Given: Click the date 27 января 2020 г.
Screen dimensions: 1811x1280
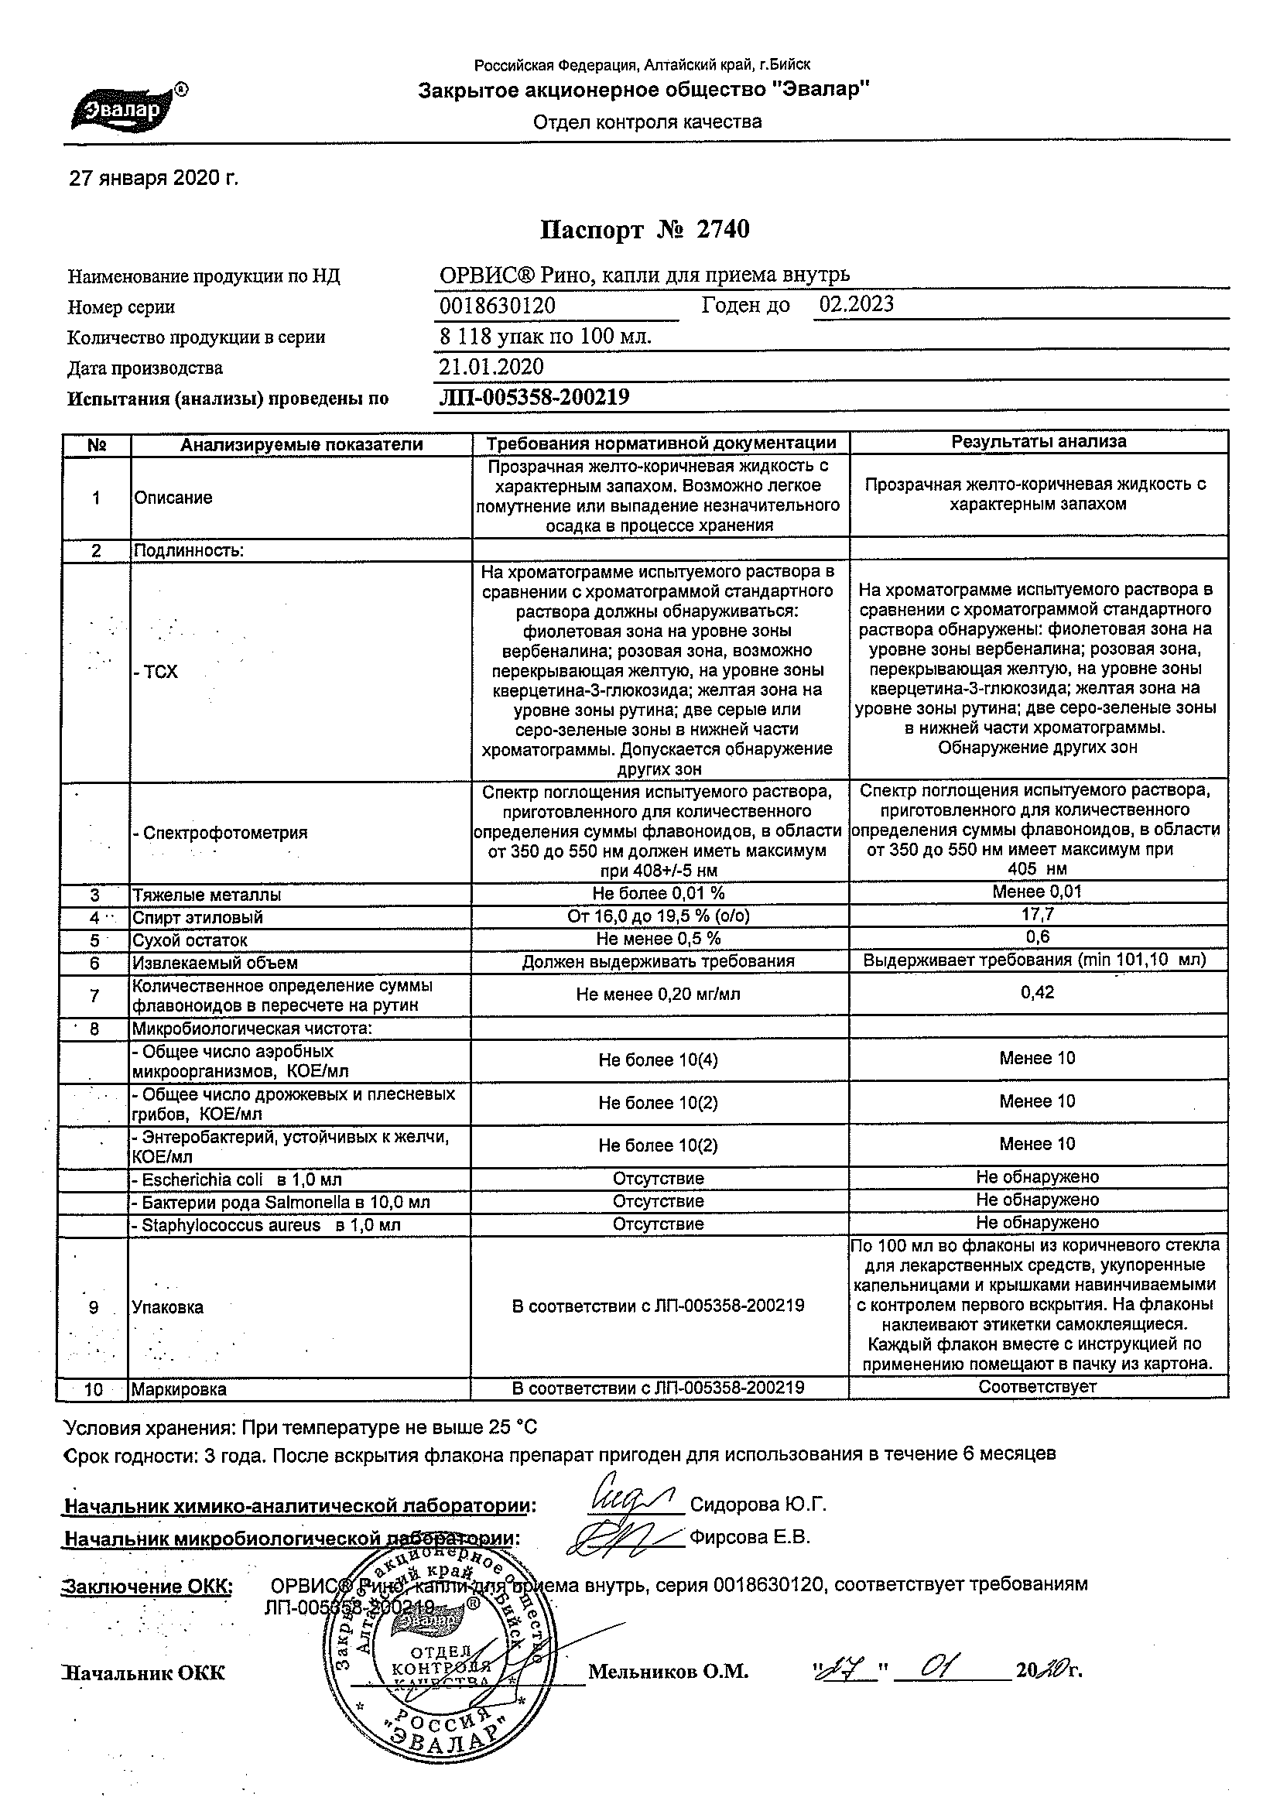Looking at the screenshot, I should pyautogui.click(x=154, y=179).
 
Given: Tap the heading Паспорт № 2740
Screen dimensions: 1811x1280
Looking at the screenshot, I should pyautogui.click(x=645, y=230).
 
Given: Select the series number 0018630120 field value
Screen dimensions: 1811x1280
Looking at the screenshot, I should pyautogui.click(x=498, y=306).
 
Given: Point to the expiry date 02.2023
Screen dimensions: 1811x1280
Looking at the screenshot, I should pyautogui.click(x=856, y=304).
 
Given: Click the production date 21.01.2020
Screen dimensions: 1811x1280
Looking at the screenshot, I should pyautogui.click(x=491, y=367).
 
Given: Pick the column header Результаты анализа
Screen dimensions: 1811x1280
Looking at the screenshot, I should pyautogui.click(x=1038, y=443).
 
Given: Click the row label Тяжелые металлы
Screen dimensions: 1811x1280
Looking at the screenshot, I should pyautogui.click(x=207, y=895).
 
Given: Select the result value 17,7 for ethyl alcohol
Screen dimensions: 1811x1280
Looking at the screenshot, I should pyautogui.click(x=1037, y=915).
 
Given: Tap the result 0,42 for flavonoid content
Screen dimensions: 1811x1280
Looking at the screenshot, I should pyautogui.click(x=1037, y=993).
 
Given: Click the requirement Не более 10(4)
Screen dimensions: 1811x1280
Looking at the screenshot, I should pyautogui.click(x=658, y=1060).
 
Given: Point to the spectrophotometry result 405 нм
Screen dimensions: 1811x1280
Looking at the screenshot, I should pyautogui.click(x=1037, y=869).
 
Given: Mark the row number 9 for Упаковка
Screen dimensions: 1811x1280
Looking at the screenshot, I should pyautogui.click(x=94, y=1308).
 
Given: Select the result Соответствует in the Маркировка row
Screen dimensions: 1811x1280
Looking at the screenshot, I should pyautogui.click(x=1037, y=1387).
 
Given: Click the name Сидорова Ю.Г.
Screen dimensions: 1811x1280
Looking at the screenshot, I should pyautogui.click(x=758, y=1505).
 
